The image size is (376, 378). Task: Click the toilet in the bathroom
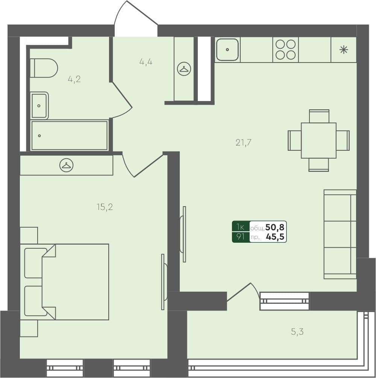[44, 68]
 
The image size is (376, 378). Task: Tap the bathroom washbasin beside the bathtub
[39, 106]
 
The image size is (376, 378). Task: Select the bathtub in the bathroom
[70, 136]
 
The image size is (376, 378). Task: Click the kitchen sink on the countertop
[227, 49]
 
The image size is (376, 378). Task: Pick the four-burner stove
[285, 50]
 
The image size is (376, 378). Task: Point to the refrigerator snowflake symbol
[343, 50]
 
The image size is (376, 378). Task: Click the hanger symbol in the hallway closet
[184, 69]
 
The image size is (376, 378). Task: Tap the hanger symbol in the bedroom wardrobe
[67, 165]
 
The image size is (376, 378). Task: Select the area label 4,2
[74, 79]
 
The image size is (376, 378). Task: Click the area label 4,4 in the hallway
[146, 62]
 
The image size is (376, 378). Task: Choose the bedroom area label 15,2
[105, 207]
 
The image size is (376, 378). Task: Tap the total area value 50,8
[275, 227]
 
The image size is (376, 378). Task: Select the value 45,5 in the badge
[275, 237]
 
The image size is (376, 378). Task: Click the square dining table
[318, 140]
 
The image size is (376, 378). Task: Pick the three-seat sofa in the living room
[340, 234]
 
